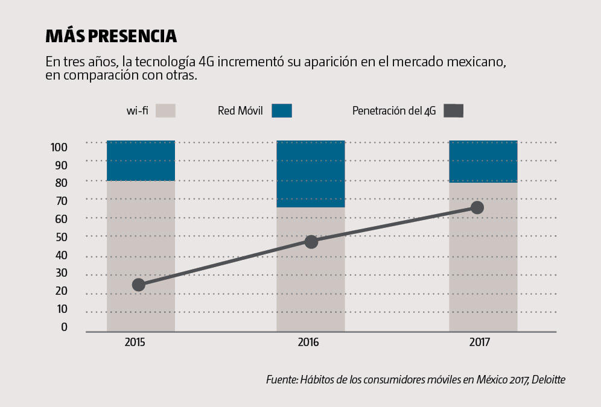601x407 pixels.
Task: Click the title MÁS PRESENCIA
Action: tap(111, 36)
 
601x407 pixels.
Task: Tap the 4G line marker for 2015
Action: tap(138, 285)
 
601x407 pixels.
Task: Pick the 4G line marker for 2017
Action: tap(477, 207)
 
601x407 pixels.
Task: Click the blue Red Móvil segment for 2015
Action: tap(141, 160)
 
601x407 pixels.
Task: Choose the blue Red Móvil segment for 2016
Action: tap(311, 174)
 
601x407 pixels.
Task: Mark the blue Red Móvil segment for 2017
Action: tap(483, 161)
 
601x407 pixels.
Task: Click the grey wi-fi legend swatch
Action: tap(165, 111)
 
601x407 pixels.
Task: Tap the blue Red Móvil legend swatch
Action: tap(282, 111)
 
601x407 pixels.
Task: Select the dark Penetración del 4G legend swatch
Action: tap(453, 111)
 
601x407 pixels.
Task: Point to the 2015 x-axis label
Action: tap(135, 342)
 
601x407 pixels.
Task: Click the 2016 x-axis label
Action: tap(308, 342)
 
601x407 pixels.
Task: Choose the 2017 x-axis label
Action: tap(480, 342)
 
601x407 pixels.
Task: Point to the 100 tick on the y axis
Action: tap(59, 147)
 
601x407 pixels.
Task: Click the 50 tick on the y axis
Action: tap(62, 237)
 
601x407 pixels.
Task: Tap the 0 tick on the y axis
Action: tap(64, 327)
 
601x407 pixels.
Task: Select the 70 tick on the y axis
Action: tap(62, 201)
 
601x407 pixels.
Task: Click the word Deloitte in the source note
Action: tap(548, 380)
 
